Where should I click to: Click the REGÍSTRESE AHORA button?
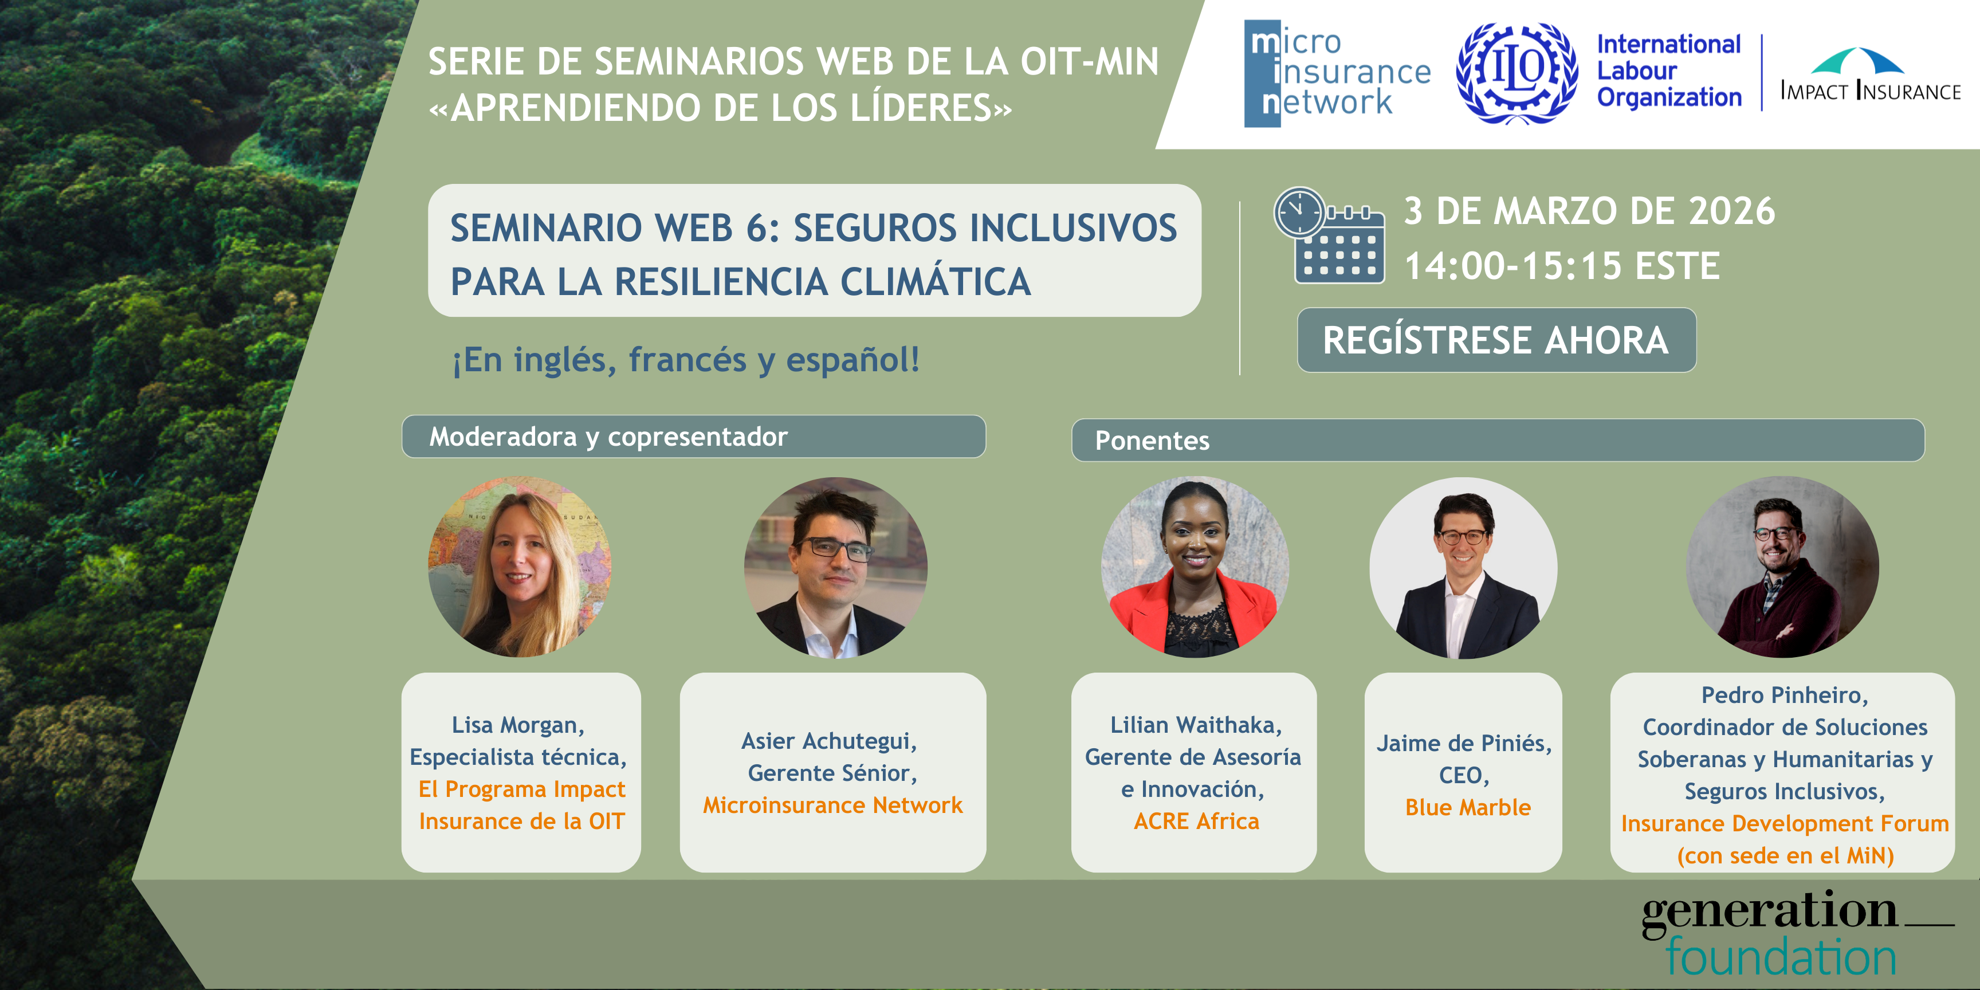[x=1496, y=340]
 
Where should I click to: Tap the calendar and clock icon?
[x=1329, y=235]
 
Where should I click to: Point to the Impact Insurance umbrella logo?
[x=1871, y=74]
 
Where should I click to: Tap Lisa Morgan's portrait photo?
[x=520, y=567]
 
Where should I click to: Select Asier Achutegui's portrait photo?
[x=835, y=568]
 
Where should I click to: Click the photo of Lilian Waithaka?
[x=1195, y=567]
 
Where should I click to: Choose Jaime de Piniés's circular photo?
[x=1463, y=568]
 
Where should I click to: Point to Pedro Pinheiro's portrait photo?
[x=1782, y=567]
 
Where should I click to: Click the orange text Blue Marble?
[x=1468, y=807]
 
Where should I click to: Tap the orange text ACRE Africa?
[x=1197, y=821]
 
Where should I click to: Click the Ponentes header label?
[x=1152, y=441]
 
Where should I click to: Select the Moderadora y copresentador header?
[x=608, y=437]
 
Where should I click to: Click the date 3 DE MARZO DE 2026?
[x=1589, y=211]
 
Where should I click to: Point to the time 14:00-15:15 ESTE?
[x=1562, y=266]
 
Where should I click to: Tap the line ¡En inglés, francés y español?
[x=686, y=360]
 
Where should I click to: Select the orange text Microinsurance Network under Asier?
[x=832, y=805]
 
